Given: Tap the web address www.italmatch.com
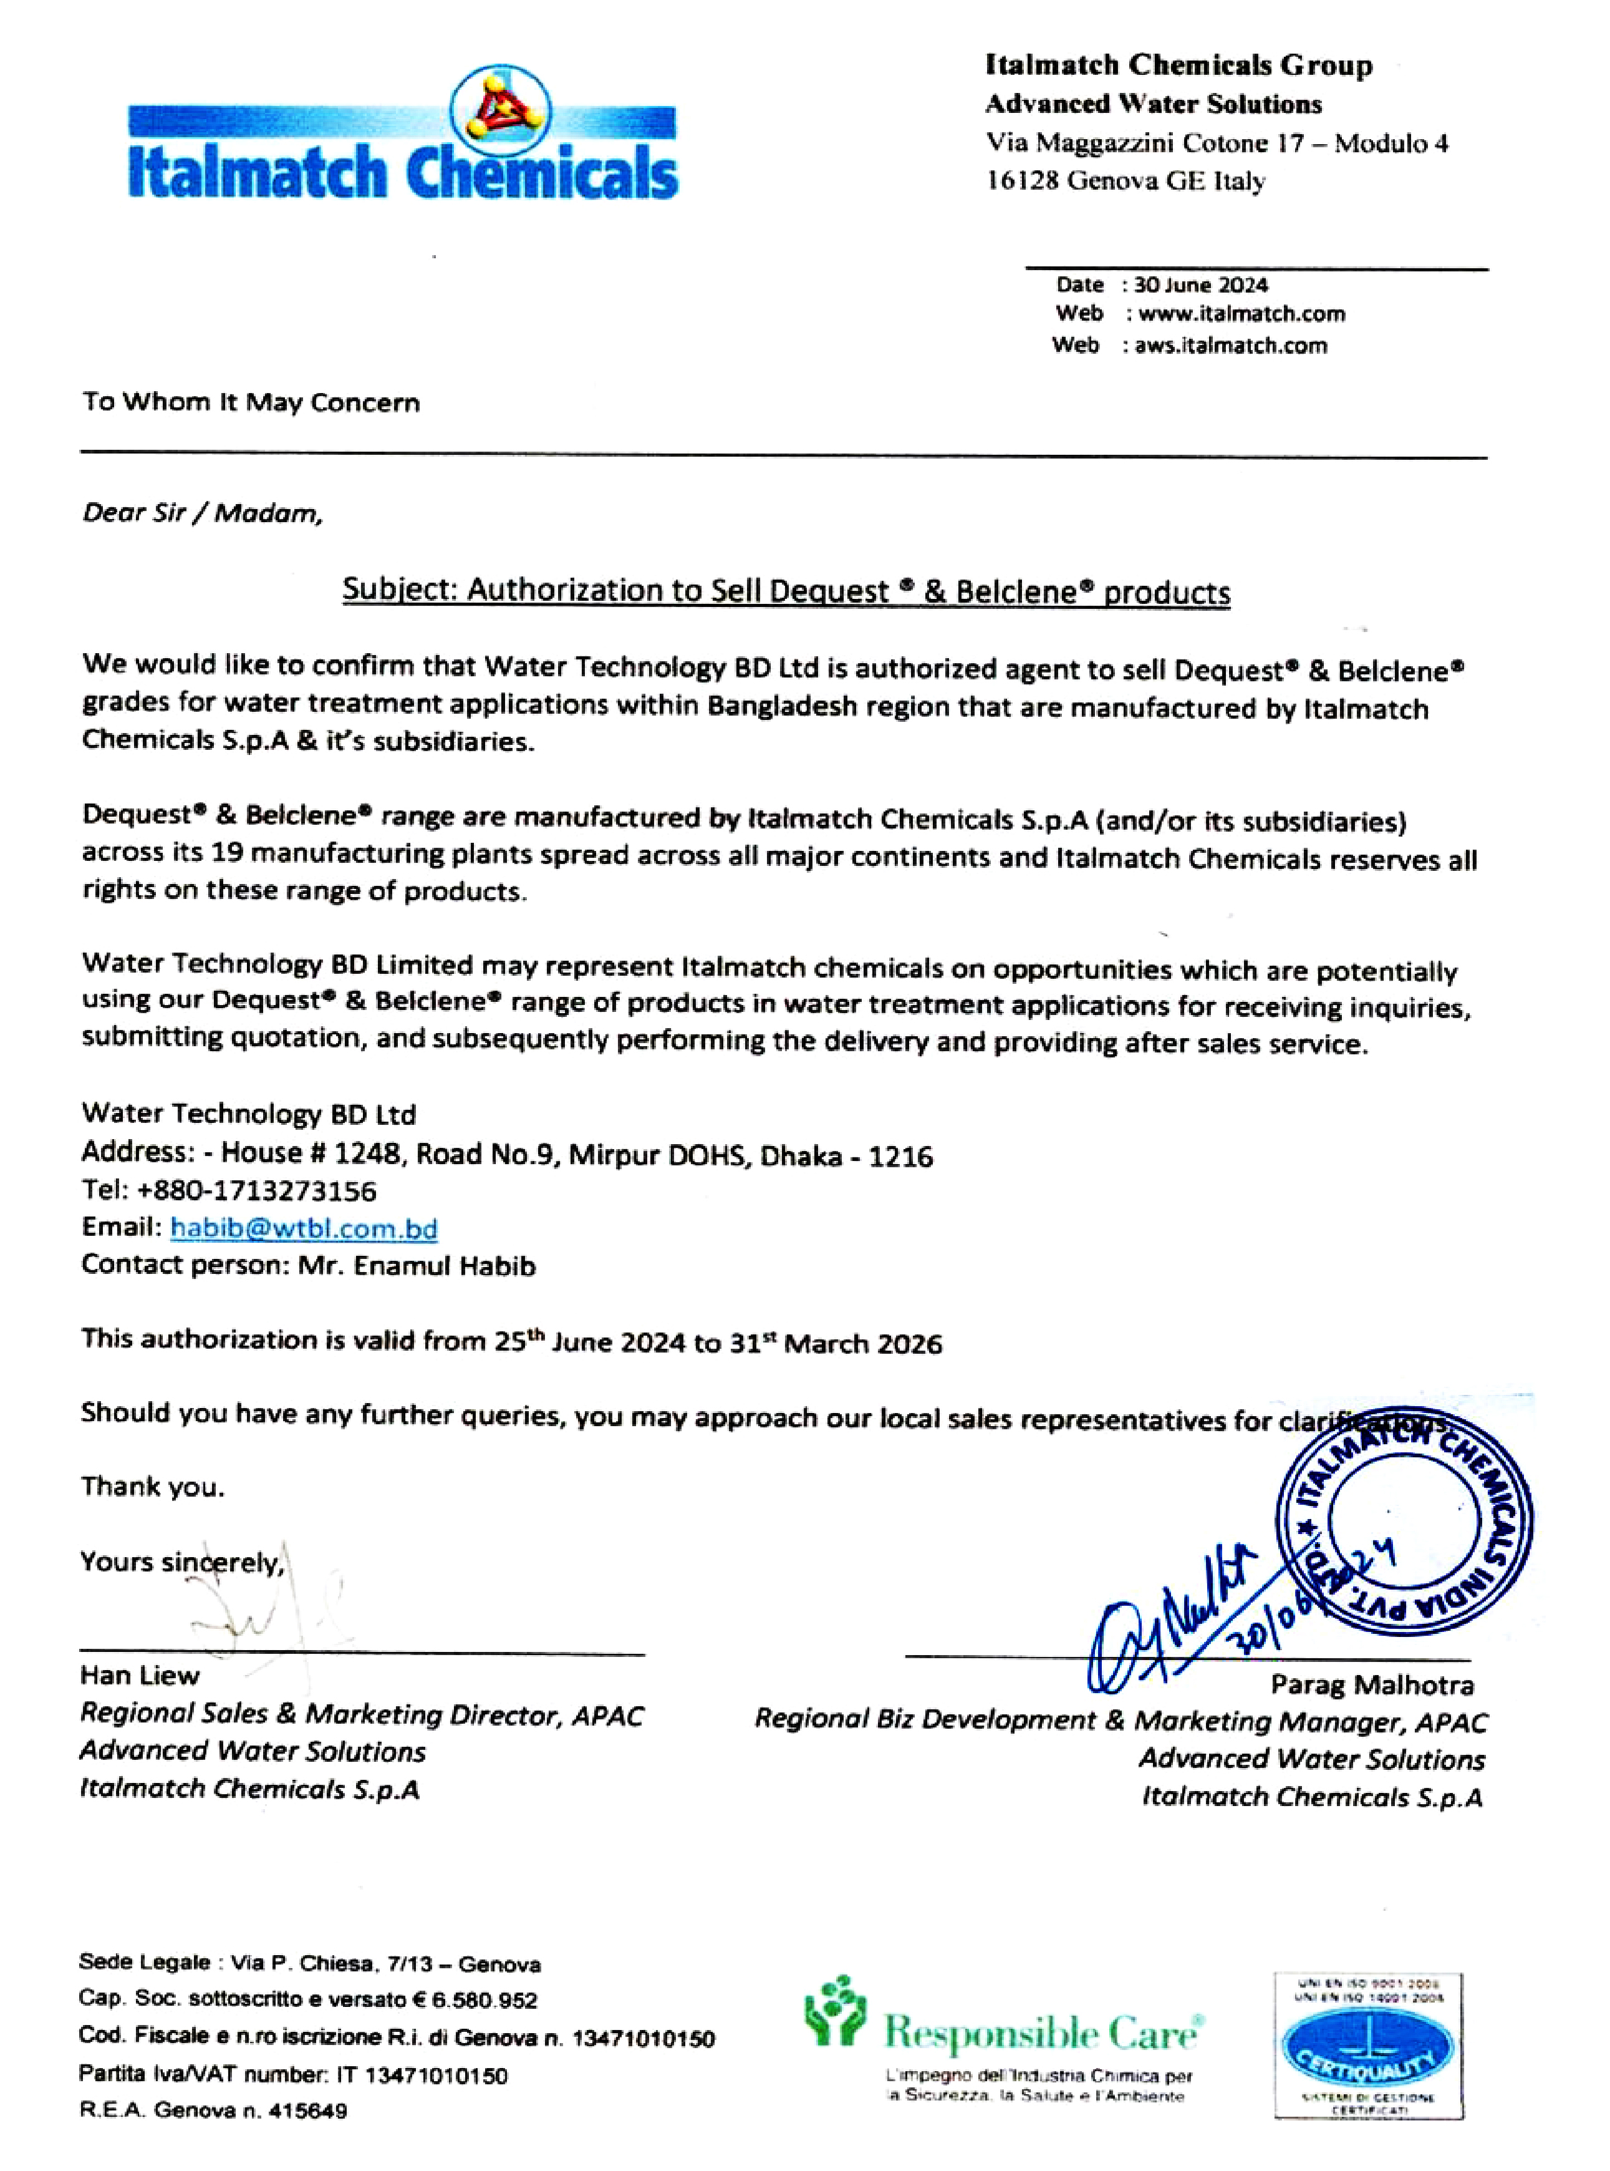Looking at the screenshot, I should pos(1241,314).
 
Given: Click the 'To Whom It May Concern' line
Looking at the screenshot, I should pos(251,402).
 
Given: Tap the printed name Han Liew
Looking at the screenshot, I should pos(140,1675).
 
